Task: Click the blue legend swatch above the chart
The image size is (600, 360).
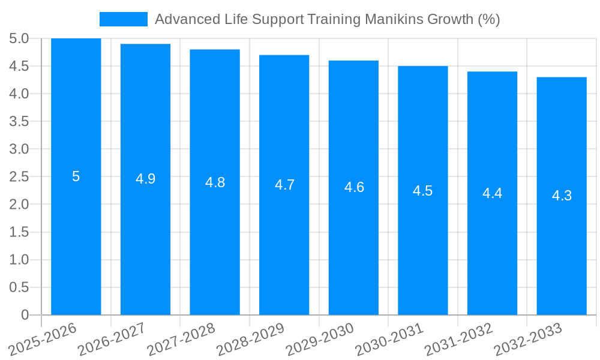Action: (x=123, y=19)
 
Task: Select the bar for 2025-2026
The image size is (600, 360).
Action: (x=76, y=240)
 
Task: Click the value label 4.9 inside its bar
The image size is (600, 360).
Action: (x=146, y=179)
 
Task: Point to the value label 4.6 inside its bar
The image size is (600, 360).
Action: (x=354, y=187)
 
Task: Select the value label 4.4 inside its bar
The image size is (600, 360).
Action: (x=493, y=193)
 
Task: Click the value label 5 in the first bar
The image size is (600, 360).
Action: (x=76, y=176)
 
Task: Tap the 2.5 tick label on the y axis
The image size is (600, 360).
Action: (x=19, y=176)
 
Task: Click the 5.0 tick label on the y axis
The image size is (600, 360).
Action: (x=19, y=39)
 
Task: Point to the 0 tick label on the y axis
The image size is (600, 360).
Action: (x=25, y=315)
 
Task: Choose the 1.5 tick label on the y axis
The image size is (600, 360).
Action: (x=19, y=232)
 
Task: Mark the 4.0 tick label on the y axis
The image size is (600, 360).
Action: (x=19, y=94)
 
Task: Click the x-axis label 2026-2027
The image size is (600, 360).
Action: (x=112, y=340)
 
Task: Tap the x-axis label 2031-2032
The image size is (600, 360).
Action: (x=459, y=340)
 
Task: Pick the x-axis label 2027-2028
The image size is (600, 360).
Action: (x=181, y=340)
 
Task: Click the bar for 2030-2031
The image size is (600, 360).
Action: (x=423, y=252)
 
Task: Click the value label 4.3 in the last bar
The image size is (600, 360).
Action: (x=562, y=196)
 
